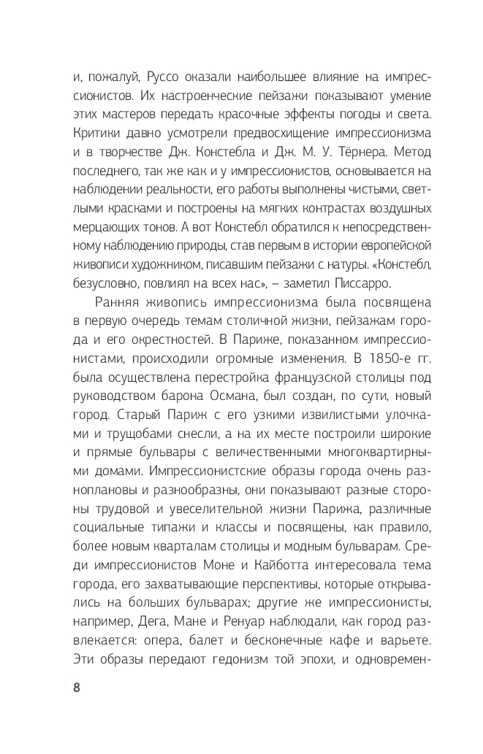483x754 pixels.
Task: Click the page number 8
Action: point(76,688)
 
